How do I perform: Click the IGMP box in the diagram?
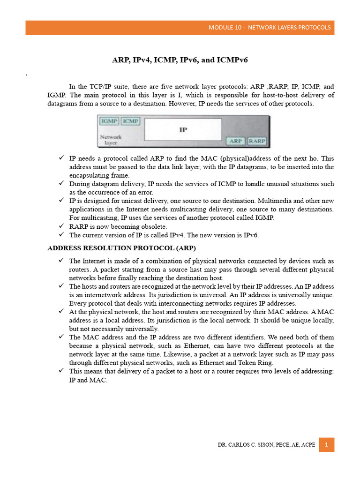point(109,121)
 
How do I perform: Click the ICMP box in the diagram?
point(130,121)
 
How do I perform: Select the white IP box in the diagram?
point(183,129)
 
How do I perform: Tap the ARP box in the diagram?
point(236,141)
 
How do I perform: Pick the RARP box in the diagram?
point(257,141)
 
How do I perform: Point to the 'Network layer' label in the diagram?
point(111,140)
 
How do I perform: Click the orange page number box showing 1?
point(326,444)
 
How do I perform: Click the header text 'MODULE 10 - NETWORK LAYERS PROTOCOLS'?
point(270,28)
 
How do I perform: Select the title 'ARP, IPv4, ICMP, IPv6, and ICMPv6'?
point(180,60)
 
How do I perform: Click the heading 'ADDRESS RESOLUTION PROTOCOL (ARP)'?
point(121,247)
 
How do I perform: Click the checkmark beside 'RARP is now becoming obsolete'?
point(61,226)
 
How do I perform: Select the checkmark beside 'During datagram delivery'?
point(61,184)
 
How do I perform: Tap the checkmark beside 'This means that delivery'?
point(61,371)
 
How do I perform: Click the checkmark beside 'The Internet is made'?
point(61,261)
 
